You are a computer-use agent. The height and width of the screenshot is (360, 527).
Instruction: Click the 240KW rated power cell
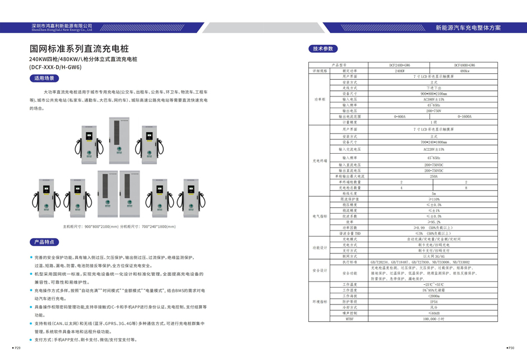pyautogui.click(x=400, y=71)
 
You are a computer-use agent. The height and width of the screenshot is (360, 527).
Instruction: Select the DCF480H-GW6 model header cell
pyautogui.click(x=465, y=66)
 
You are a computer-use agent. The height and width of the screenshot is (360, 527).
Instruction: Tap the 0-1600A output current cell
pyautogui.click(x=465, y=117)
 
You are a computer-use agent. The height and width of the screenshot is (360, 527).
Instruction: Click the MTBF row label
pyautogui.click(x=350, y=319)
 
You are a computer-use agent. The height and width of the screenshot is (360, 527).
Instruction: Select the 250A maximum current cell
pyautogui.click(x=433, y=176)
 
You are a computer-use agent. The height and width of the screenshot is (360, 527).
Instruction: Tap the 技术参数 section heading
pyautogui.click(x=323, y=49)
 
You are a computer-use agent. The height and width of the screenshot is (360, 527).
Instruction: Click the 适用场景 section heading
pyautogui.click(x=44, y=79)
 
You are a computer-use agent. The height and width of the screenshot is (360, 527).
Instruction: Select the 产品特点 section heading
pyautogui.click(x=44, y=242)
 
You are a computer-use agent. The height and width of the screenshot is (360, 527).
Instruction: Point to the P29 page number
pyautogui.click(x=17, y=348)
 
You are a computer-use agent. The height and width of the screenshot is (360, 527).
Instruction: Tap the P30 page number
pyautogui.click(x=510, y=348)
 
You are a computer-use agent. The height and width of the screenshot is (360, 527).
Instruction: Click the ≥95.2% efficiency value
pyautogui.click(x=433, y=222)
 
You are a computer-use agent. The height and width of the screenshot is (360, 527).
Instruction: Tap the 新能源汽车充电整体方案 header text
pyautogui.click(x=468, y=27)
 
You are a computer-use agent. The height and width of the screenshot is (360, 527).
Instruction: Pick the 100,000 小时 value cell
pyautogui.click(x=433, y=319)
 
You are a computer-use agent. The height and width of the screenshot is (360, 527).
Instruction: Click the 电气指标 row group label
pyautogui.click(x=320, y=216)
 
